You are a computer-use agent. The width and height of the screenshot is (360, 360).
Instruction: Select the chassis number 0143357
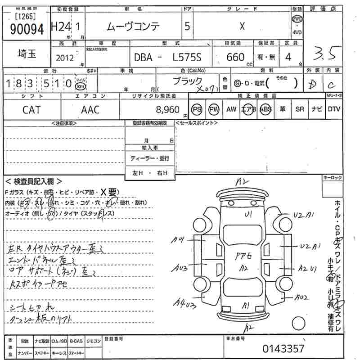[283, 348]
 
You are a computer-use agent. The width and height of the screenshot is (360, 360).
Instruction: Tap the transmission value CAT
[31, 109]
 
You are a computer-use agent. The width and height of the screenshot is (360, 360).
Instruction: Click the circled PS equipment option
[197, 109]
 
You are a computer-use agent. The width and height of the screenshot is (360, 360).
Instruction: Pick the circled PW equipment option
[214, 109]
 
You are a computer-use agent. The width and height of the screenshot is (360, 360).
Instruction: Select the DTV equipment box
[333, 109]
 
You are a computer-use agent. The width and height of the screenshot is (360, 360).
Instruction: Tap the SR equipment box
[300, 109]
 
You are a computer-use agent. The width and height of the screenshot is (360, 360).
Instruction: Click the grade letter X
[242, 26]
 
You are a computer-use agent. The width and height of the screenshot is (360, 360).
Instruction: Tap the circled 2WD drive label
[297, 19]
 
